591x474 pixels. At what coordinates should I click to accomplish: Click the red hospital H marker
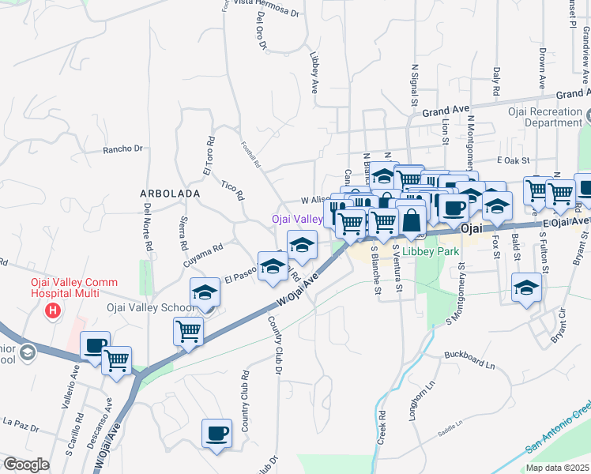coord(53,310)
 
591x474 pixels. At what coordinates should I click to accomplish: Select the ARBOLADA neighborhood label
coord(169,193)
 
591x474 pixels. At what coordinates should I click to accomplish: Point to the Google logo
coord(26,465)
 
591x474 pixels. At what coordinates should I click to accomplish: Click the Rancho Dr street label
coord(122,149)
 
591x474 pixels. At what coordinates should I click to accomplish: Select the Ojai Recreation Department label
coord(545,117)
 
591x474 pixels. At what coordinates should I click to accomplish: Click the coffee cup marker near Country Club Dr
coord(216,433)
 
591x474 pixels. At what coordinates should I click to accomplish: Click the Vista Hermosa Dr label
coord(267,13)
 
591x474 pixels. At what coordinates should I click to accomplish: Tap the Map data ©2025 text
coord(557,468)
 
